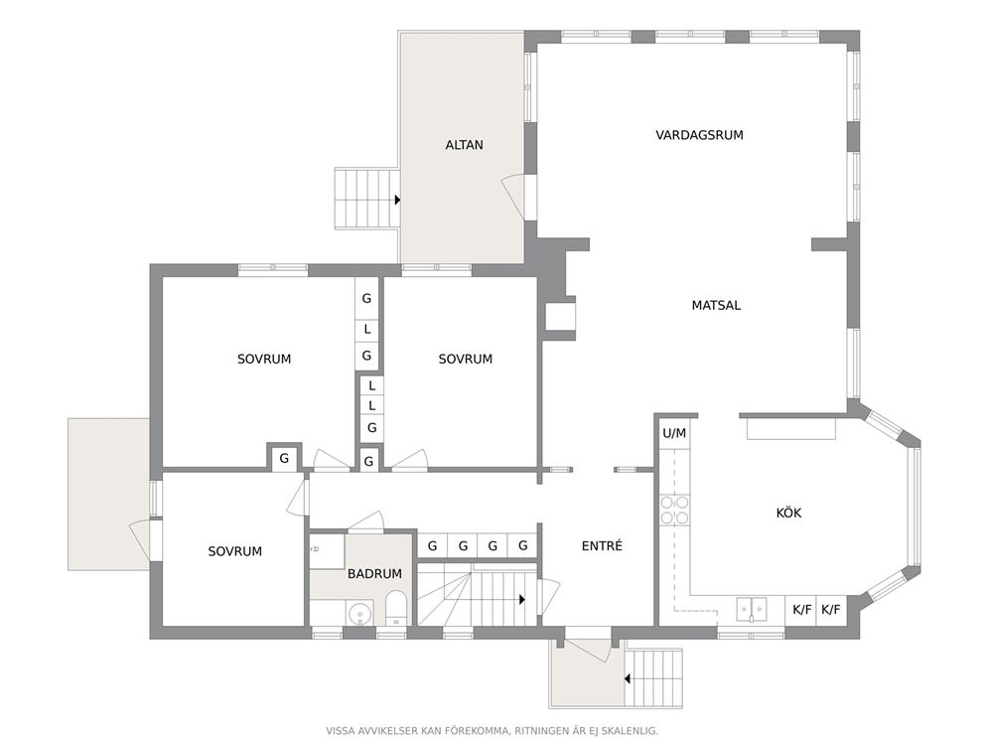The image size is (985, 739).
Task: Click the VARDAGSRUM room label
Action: point(699,135)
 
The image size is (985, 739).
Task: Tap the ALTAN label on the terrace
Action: point(465,145)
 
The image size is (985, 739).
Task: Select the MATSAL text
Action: point(716,305)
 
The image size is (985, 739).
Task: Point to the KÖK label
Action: point(788,513)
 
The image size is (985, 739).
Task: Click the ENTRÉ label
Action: point(602,546)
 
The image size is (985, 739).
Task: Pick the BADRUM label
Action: point(374,574)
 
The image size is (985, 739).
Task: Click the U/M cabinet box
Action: point(674,433)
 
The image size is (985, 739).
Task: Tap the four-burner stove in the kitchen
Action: point(674,510)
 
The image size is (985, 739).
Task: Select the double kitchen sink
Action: point(752,609)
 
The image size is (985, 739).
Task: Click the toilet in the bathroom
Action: point(396,607)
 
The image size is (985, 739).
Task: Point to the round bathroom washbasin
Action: point(359,612)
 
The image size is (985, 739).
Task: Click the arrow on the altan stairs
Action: point(397,200)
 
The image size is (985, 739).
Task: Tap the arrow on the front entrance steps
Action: point(628,678)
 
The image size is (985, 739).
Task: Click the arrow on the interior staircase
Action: point(521,600)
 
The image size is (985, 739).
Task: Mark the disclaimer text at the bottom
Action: point(492,731)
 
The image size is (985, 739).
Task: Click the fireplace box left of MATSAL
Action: point(560,317)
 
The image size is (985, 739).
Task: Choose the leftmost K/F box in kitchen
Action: point(801,610)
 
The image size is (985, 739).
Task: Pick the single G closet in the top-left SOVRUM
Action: point(284,458)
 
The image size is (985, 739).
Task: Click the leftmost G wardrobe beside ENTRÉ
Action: point(432,546)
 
